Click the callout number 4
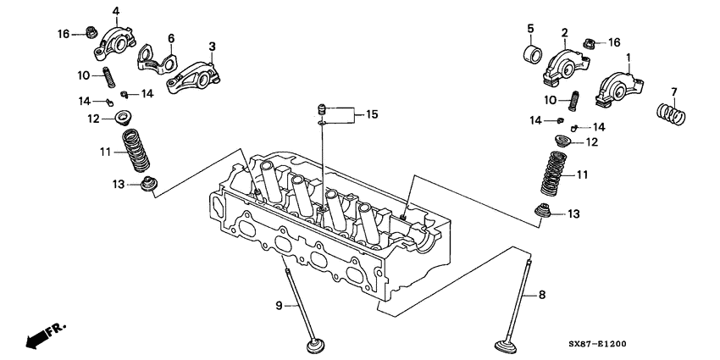(115, 11)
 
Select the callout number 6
(170, 38)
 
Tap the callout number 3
(212, 46)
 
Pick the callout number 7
(673, 91)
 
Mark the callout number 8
(542, 296)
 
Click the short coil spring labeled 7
(671, 111)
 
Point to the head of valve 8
(512, 348)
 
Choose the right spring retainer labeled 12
(561, 141)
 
